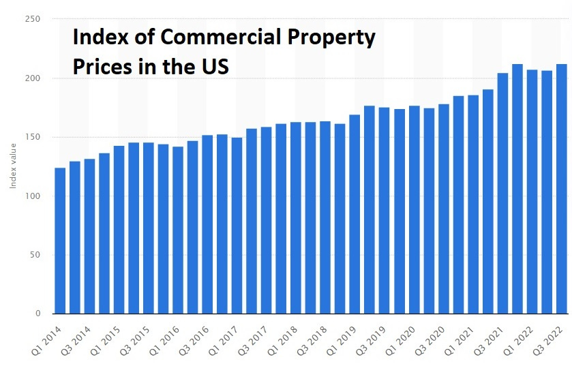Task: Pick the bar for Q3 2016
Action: point(207,224)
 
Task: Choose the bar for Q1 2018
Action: point(296,218)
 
